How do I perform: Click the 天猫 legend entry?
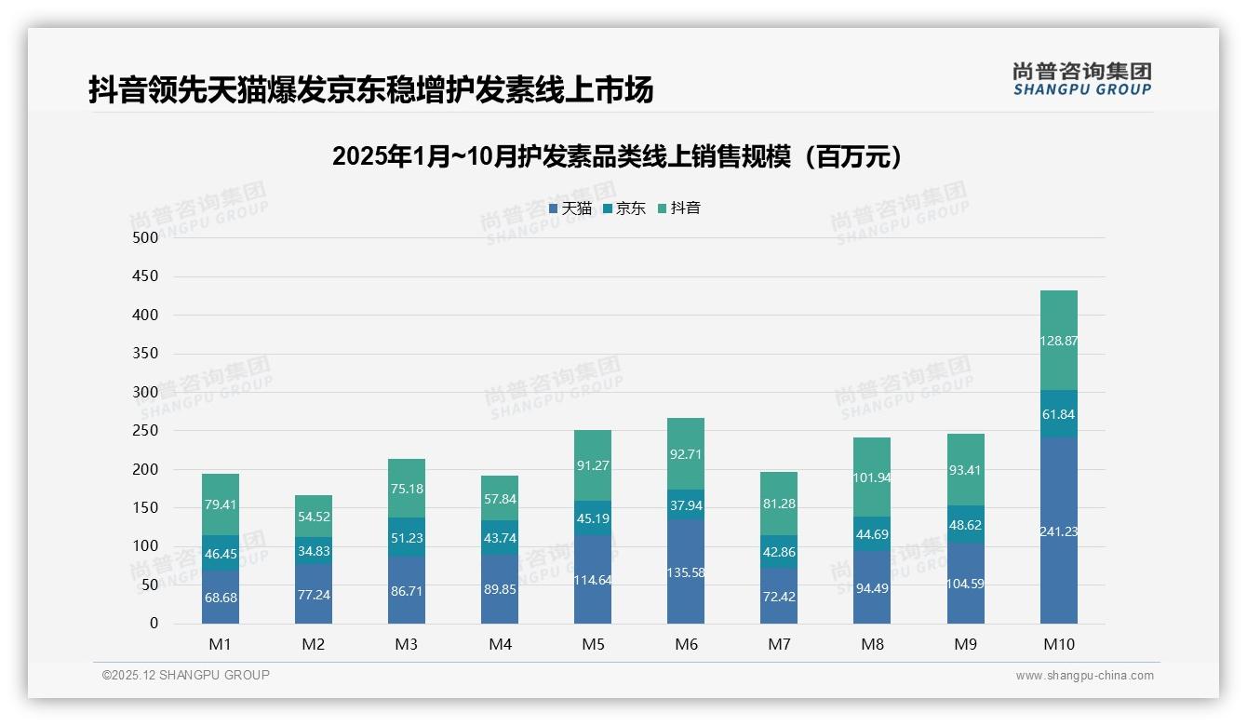click(x=570, y=208)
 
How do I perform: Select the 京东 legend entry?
click(x=624, y=208)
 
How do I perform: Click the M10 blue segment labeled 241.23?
click(x=1059, y=531)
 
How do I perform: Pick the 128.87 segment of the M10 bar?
click(x=1059, y=341)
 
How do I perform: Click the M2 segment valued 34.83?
click(x=314, y=551)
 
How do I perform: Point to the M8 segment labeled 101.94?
click(x=872, y=477)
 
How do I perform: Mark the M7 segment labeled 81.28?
click(x=779, y=504)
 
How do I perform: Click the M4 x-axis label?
click(x=500, y=644)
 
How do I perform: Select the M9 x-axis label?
click(x=965, y=644)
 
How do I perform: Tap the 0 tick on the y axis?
click(x=154, y=624)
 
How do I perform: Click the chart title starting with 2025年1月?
click(x=617, y=157)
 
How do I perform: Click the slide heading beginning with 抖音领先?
click(x=370, y=89)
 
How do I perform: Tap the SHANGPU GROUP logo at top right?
click(x=1081, y=78)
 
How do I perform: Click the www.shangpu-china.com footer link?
click(x=1084, y=676)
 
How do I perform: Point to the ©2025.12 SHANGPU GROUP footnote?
click(x=186, y=675)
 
